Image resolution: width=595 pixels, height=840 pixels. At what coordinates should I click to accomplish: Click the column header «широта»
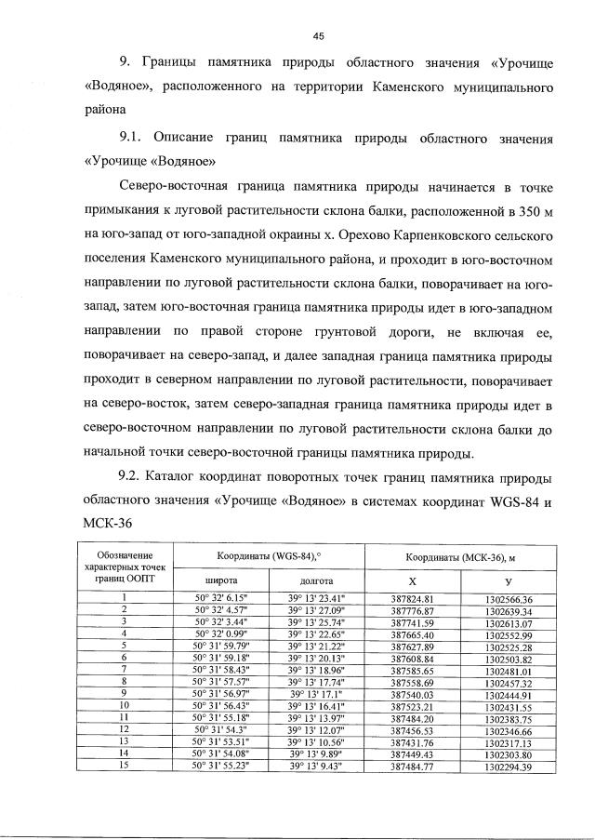tap(215, 580)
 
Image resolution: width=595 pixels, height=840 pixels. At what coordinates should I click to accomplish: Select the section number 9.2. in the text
tap(136, 477)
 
